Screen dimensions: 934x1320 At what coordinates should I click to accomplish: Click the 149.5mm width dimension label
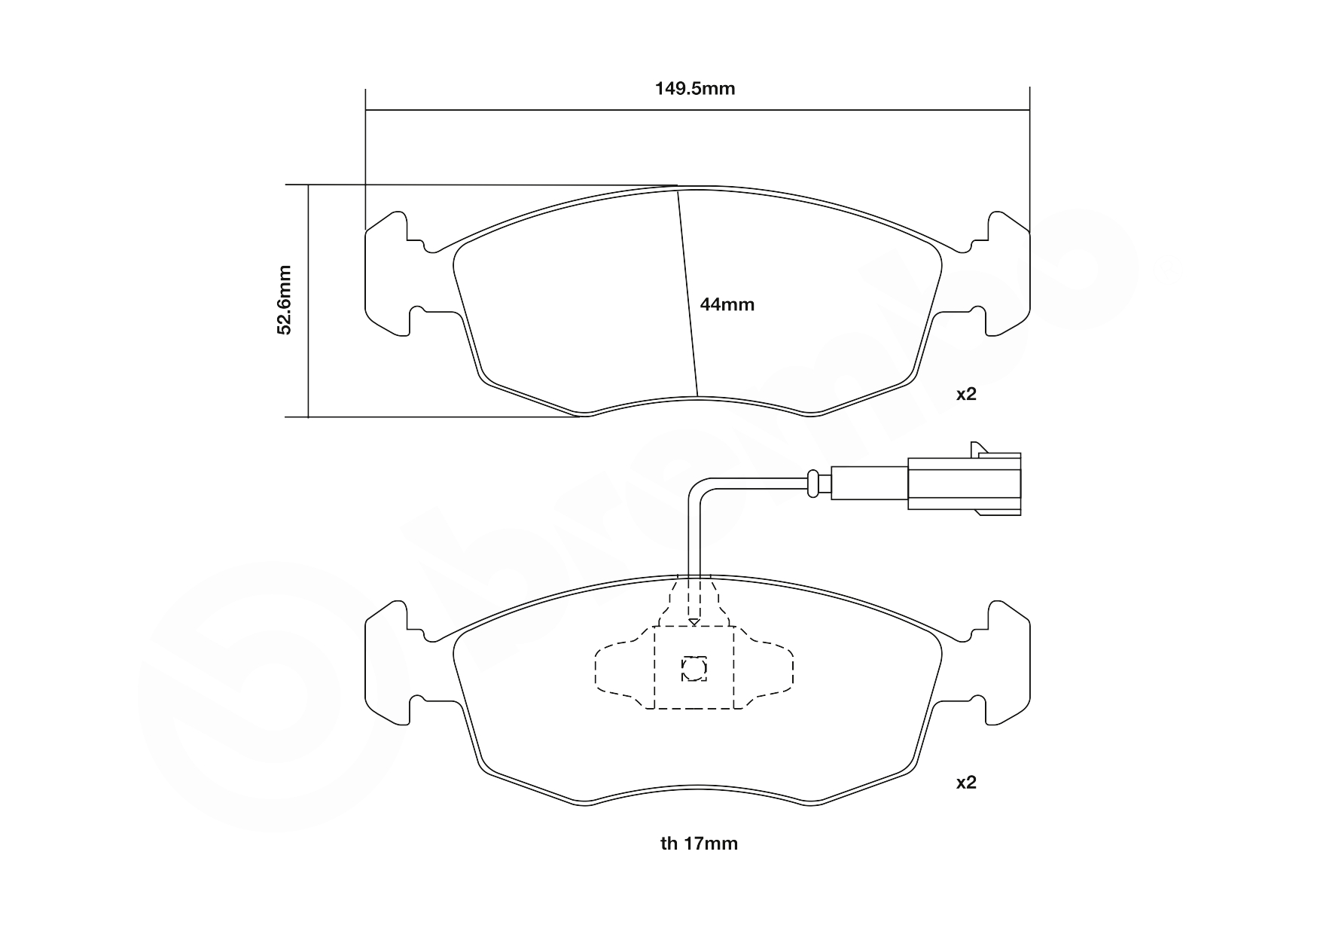point(694,89)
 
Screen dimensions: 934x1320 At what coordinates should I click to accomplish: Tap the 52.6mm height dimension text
point(284,299)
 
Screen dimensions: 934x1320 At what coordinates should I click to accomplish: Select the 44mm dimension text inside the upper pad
point(727,305)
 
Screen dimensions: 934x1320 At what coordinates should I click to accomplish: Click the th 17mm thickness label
point(699,844)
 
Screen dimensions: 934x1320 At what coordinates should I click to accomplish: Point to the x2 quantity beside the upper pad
point(965,394)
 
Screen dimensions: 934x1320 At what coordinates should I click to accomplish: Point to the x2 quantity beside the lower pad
point(965,783)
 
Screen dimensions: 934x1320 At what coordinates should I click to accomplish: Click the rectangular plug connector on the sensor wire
point(964,483)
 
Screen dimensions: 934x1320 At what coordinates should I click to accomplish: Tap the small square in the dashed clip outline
point(694,668)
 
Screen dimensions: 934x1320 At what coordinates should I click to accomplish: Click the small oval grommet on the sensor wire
point(812,483)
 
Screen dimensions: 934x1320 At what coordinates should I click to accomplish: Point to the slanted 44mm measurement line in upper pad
point(687,294)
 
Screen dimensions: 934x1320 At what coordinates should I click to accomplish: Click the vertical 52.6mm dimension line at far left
point(308,301)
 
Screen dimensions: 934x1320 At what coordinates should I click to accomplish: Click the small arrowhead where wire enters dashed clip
point(694,622)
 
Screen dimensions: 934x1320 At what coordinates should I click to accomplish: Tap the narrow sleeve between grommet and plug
point(869,483)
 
